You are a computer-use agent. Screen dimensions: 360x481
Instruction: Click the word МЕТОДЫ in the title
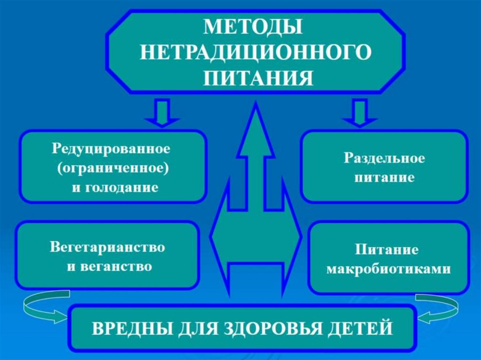[x=254, y=27]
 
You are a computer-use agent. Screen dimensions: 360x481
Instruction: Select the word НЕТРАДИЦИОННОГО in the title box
[x=254, y=52]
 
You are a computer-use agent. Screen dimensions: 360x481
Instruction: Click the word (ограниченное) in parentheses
[x=112, y=169]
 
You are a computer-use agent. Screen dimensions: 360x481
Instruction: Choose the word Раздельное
[x=384, y=158]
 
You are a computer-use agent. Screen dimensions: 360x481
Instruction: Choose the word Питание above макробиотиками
[x=387, y=249]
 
